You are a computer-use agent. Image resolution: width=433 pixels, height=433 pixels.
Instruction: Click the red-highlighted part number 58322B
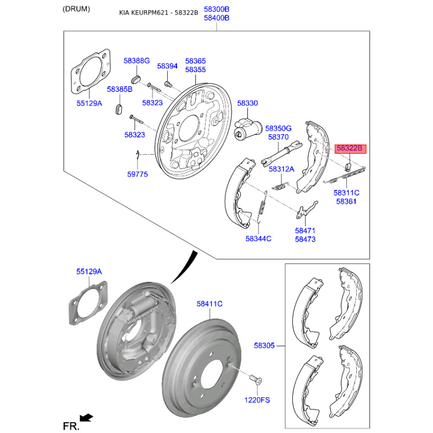tap(350, 148)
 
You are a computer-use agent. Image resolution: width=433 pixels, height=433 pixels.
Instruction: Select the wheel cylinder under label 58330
tap(248, 129)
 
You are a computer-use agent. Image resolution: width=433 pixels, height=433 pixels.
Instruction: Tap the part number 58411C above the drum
tap(209, 304)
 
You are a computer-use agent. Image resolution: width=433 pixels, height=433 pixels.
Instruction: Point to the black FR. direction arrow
tap(87, 417)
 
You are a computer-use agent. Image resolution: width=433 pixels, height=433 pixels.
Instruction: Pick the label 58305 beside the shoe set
tap(264, 345)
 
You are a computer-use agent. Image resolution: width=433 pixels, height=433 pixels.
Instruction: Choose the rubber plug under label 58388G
tap(136, 78)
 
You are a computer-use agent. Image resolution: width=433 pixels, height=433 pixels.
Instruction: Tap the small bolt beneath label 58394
tap(168, 83)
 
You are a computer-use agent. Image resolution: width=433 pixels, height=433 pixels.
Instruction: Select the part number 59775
tap(137, 174)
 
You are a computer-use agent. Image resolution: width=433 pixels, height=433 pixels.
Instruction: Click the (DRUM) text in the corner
tap(76, 9)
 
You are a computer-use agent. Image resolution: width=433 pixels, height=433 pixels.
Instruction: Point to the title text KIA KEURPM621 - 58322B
tap(159, 12)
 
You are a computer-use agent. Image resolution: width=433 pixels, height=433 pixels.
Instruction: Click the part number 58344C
tap(258, 239)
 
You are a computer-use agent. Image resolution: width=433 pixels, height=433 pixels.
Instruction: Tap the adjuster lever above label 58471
tap(306, 211)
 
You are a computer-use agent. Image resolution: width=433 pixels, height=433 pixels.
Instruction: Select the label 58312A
tap(281, 169)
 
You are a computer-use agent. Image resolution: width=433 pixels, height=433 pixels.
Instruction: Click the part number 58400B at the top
tap(216, 18)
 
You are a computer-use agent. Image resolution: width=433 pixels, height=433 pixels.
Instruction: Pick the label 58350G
tap(278, 128)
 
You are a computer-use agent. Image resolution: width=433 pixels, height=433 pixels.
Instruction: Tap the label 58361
tap(346, 201)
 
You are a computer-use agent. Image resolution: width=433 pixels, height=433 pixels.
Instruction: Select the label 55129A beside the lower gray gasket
tap(89, 272)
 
